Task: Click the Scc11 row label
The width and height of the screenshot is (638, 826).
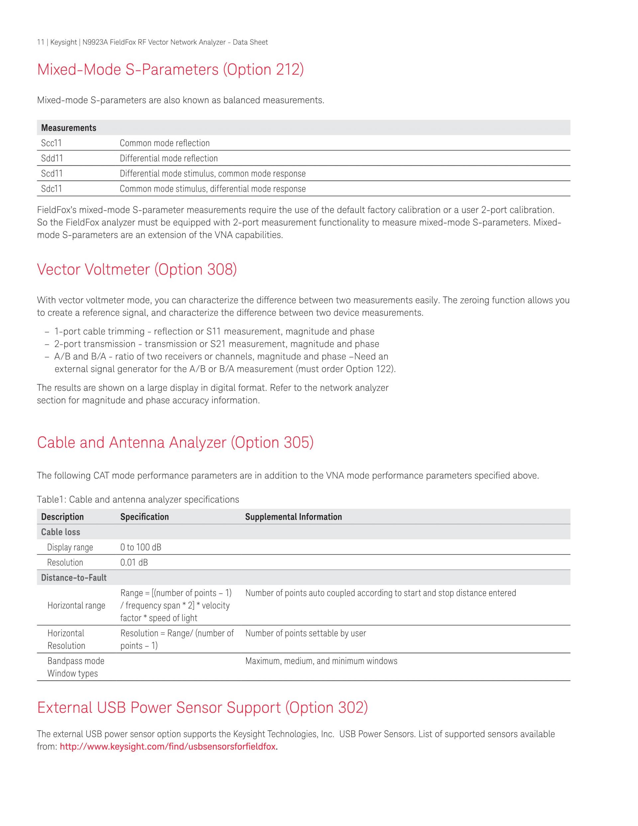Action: click(x=52, y=143)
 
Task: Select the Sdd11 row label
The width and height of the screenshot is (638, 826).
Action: click(x=52, y=158)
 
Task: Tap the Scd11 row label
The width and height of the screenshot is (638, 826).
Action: click(x=52, y=174)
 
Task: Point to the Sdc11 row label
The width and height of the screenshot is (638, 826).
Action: click(x=52, y=189)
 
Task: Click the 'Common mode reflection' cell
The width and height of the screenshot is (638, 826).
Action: click(x=164, y=143)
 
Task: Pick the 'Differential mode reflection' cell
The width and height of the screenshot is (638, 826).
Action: click(x=168, y=158)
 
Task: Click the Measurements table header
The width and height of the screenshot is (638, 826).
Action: click(x=68, y=128)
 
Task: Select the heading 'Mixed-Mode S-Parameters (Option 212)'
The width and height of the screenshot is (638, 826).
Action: click(x=170, y=69)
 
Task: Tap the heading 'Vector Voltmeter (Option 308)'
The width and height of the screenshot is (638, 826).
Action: click(x=137, y=269)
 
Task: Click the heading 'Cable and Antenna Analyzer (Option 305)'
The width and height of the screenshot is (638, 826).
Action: click(x=175, y=443)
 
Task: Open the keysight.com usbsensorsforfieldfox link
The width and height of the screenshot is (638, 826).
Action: click(x=168, y=747)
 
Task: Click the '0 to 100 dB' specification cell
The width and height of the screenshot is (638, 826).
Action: click(x=141, y=547)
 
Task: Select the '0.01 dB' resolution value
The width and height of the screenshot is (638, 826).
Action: click(x=134, y=562)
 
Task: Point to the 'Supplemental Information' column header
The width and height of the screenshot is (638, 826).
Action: click(x=293, y=517)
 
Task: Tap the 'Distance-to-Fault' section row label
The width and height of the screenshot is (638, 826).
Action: click(x=74, y=578)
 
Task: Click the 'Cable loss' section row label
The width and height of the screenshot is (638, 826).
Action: click(x=60, y=532)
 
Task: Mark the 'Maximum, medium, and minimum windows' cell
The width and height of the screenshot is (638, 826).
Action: click(x=321, y=661)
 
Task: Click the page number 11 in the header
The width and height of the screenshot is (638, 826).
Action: click(x=41, y=42)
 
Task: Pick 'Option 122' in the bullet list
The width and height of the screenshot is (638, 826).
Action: click(x=369, y=369)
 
